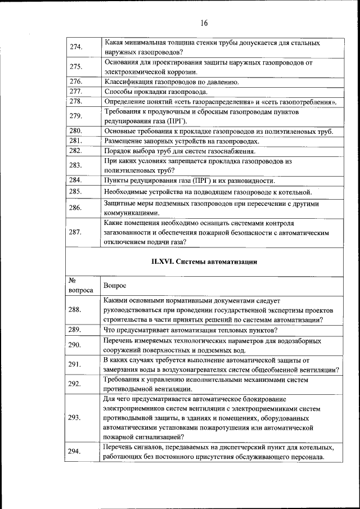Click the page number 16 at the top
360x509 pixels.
pyautogui.click(x=204, y=23)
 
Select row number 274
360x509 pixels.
pyautogui.click(x=76, y=47)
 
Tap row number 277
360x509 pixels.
pyautogui.click(x=76, y=91)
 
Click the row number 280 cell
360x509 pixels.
pyautogui.click(x=76, y=131)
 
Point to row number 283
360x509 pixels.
pyautogui.click(x=76, y=165)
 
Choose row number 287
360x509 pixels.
pyautogui.click(x=76, y=232)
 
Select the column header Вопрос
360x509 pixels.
pyautogui.click(x=115, y=286)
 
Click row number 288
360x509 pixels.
pyautogui.click(x=75, y=310)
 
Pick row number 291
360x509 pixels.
pyautogui.click(x=75, y=364)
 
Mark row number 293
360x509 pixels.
pyautogui.click(x=75, y=418)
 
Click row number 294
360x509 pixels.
pyautogui.click(x=75, y=452)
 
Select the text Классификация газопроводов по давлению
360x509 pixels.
pyautogui.click(x=171, y=82)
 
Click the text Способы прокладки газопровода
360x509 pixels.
pyautogui.click(x=156, y=91)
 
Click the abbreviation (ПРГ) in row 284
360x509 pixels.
pyautogui.click(x=202, y=181)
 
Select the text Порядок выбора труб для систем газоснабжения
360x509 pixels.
pyautogui.click(x=179, y=151)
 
